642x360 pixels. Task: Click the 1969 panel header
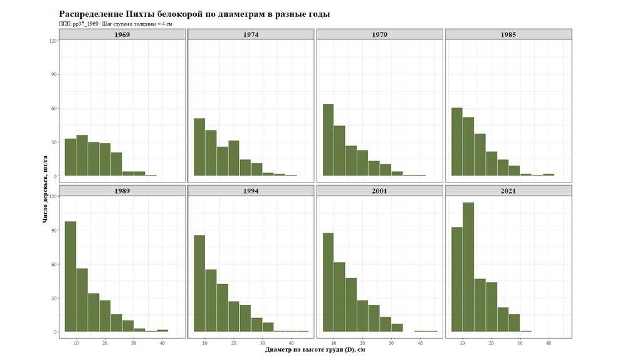click(x=122, y=34)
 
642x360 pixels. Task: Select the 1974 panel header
click(x=251, y=34)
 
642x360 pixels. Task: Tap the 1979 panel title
click(x=380, y=34)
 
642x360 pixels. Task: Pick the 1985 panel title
click(x=508, y=34)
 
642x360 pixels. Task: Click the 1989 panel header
click(x=122, y=191)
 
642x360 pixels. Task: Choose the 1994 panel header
click(x=251, y=191)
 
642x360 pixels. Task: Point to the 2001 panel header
click(x=380, y=191)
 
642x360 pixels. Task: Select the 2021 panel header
click(x=508, y=191)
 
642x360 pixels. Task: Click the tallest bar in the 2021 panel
click(x=468, y=267)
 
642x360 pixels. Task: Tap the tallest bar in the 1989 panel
click(x=70, y=276)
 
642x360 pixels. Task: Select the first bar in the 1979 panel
click(x=328, y=140)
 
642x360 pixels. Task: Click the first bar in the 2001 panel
click(x=328, y=282)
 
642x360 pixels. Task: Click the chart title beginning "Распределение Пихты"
click(x=194, y=14)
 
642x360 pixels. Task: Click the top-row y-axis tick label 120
click(x=53, y=41)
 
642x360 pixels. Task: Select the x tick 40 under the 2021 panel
click(x=549, y=343)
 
